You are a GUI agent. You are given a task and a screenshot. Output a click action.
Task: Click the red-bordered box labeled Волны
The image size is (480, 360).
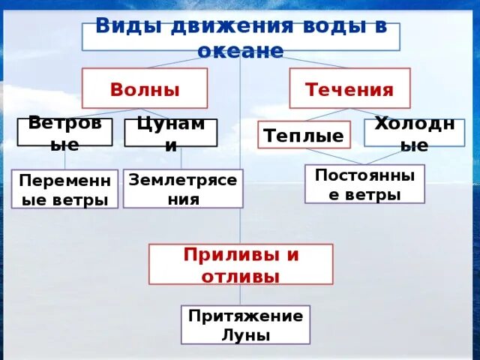[x=145, y=88]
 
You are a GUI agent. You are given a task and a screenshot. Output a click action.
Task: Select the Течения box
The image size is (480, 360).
[x=349, y=88]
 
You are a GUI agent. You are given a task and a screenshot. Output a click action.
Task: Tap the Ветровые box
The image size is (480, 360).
[x=64, y=133]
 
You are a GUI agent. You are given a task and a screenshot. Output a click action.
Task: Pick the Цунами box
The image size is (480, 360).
[x=170, y=133]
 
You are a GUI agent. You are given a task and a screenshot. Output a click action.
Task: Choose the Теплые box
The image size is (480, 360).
[x=304, y=135]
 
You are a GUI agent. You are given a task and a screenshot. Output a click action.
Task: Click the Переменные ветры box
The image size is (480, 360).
[x=64, y=189]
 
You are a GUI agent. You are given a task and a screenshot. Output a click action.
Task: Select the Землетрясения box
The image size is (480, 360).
[x=183, y=188]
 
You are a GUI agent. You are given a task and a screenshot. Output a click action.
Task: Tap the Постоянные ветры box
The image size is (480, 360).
[x=364, y=184]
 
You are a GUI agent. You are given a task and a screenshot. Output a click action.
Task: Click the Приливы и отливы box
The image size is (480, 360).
[x=241, y=264]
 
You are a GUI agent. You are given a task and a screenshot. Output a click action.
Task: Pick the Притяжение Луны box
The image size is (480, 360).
[x=245, y=325]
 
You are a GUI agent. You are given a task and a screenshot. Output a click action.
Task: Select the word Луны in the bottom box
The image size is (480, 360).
[x=245, y=334]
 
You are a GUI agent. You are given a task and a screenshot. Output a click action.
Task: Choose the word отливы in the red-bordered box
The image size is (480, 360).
[x=240, y=275]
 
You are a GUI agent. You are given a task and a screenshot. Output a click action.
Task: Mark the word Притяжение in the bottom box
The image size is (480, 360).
[x=245, y=316]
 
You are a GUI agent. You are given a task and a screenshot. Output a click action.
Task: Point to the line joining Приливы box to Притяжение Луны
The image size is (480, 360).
[x=241, y=295]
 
